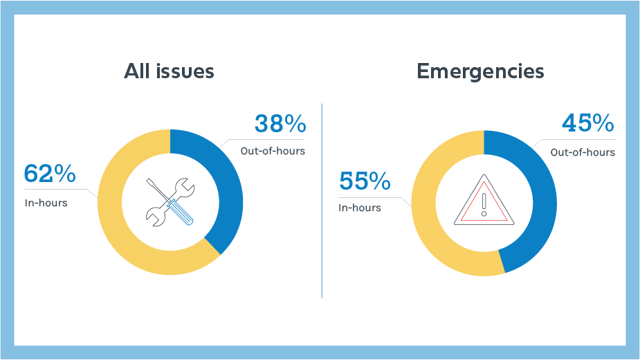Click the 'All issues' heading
[169, 71]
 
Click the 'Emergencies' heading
[480, 71]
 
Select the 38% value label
[280, 125]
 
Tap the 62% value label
[50, 174]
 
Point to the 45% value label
[588, 125]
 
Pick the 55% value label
[365, 181]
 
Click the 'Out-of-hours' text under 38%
[273, 150]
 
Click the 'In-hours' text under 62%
[46, 203]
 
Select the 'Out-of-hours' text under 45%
[583, 152]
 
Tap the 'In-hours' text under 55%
[360, 207]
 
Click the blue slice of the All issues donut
[228, 187]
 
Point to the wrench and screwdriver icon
[170, 201]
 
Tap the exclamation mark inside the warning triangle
[484, 205]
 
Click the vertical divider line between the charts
[322, 201]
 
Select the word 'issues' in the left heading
[185, 71]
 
